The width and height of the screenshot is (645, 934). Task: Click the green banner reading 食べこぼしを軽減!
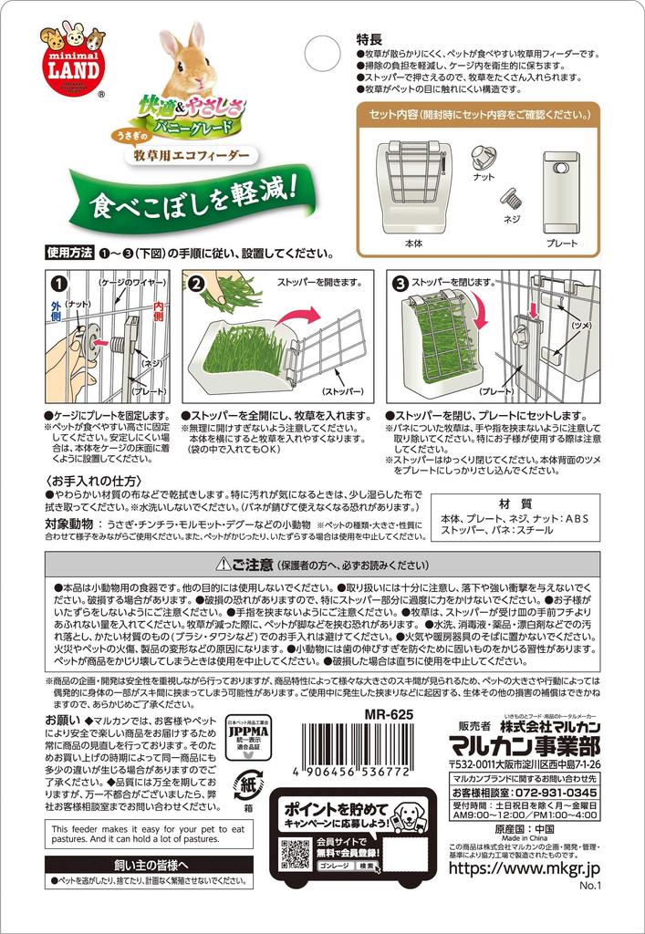coord(192,195)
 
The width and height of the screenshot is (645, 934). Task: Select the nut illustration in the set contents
coord(484,156)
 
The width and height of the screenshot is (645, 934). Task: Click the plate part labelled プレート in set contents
coord(563,191)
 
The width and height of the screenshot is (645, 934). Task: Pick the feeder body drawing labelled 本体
coord(411,187)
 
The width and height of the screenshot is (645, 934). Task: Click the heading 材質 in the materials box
coord(516,504)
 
